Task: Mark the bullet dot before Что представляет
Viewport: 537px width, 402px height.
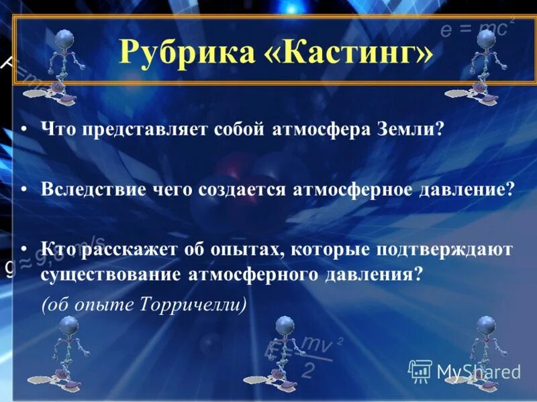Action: (x=23, y=128)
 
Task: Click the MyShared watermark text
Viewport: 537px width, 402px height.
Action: (x=478, y=371)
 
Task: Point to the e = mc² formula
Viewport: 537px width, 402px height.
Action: (x=477, y=29)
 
